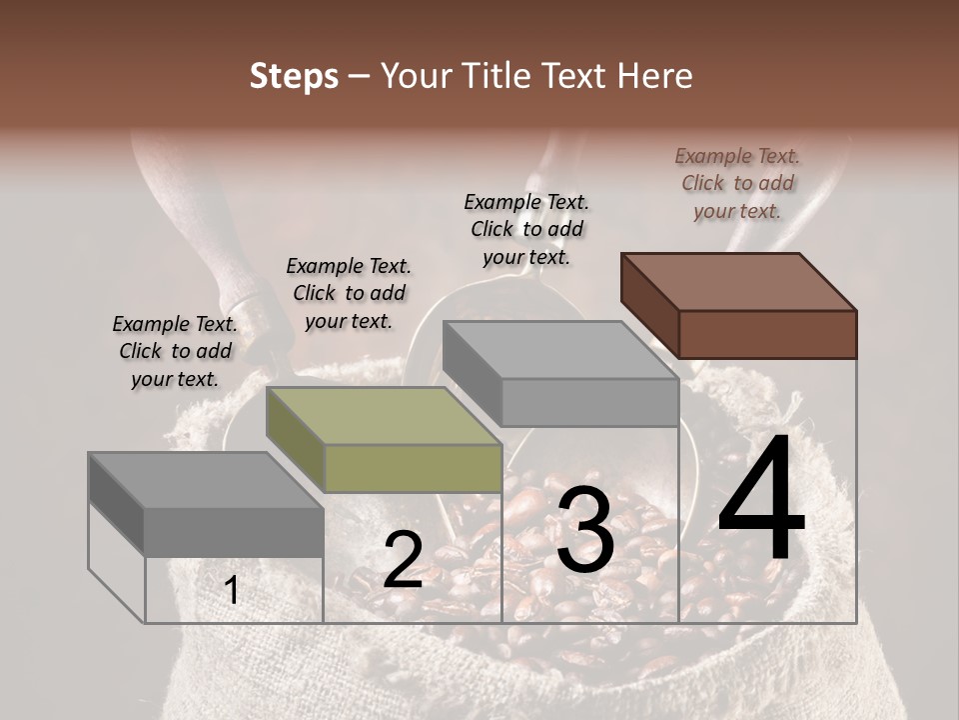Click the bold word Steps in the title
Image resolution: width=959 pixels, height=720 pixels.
[294, 76]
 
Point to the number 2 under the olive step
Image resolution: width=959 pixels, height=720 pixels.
[403, 560]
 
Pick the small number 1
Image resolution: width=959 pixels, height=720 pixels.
[232, 590]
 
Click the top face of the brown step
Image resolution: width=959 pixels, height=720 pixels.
[738, 281]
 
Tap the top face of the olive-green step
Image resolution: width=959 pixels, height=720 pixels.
[383, 415]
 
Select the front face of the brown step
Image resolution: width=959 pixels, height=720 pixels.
[767, 334]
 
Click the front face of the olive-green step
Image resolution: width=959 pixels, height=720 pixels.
[413, 468]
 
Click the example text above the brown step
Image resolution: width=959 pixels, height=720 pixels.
[737, 183]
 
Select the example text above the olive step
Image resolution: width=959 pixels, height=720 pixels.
[349, 293]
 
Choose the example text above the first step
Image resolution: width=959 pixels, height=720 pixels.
[175, 351]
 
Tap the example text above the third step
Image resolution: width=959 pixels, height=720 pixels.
[526, 229]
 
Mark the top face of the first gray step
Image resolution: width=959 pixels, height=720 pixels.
[206, 480]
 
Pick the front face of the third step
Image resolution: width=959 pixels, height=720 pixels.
[589, 402]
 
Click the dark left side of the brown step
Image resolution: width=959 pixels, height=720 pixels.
[649, 305]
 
